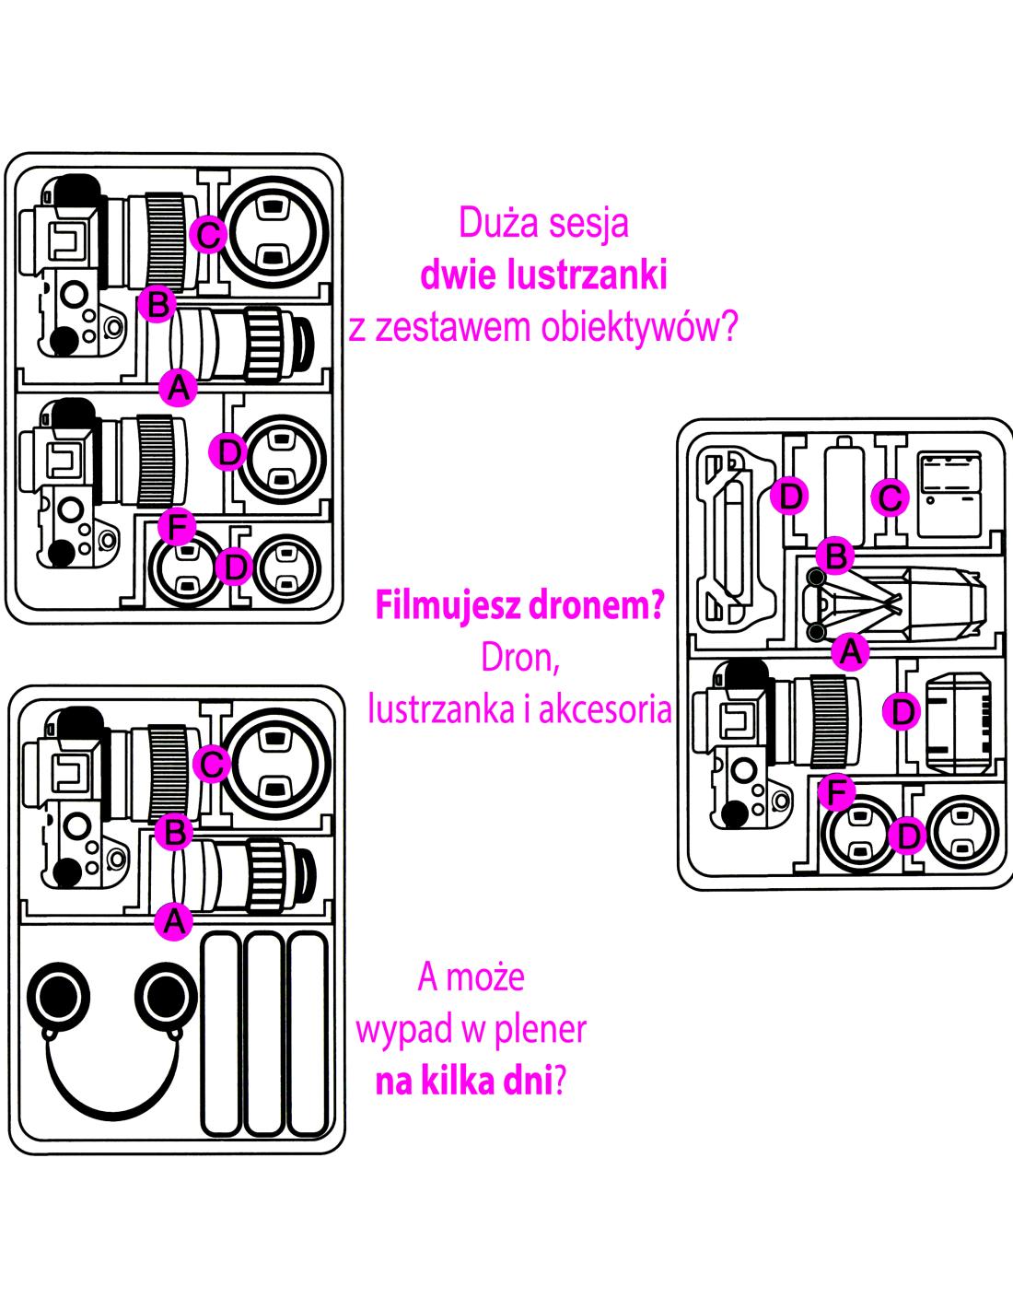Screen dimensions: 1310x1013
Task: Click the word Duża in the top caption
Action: point(492,222)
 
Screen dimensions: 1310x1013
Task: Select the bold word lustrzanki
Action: point(586,275)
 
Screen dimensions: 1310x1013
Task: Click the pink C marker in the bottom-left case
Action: point(213,763)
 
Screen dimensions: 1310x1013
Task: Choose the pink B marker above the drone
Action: point(836,556)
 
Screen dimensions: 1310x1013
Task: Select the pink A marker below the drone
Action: point(850,651)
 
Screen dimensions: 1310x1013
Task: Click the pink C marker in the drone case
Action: point(890,497)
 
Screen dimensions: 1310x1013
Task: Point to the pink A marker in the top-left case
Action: point(178,387)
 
